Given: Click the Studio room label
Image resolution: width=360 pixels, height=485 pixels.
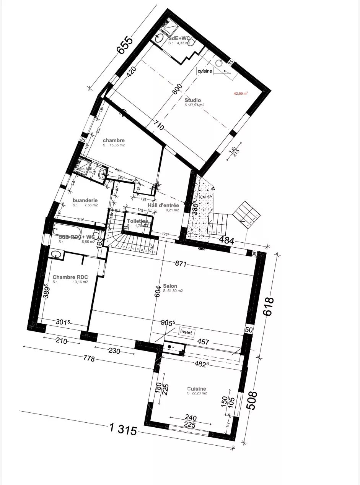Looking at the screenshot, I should [192, 101].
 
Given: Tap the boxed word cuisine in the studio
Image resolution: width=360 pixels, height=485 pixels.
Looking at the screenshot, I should [205, 71].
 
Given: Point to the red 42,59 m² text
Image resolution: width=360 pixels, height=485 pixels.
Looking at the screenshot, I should [241, 93].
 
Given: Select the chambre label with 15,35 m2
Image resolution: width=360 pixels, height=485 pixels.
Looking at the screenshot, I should [114, 141].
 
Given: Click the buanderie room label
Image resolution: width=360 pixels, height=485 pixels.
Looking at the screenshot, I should [85, 200].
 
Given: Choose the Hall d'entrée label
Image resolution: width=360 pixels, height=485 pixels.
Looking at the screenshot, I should [163, 206].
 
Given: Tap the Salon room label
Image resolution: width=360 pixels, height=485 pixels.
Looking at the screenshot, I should [170, 286].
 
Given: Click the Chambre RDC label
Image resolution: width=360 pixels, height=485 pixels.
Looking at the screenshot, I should [70, 277].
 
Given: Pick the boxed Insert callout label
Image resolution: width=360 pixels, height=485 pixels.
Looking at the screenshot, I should [186, 333].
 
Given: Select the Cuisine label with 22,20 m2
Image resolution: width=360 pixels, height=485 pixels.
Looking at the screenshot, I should [196, 389].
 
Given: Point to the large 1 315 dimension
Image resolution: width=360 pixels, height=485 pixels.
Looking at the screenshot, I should [123, 430].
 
